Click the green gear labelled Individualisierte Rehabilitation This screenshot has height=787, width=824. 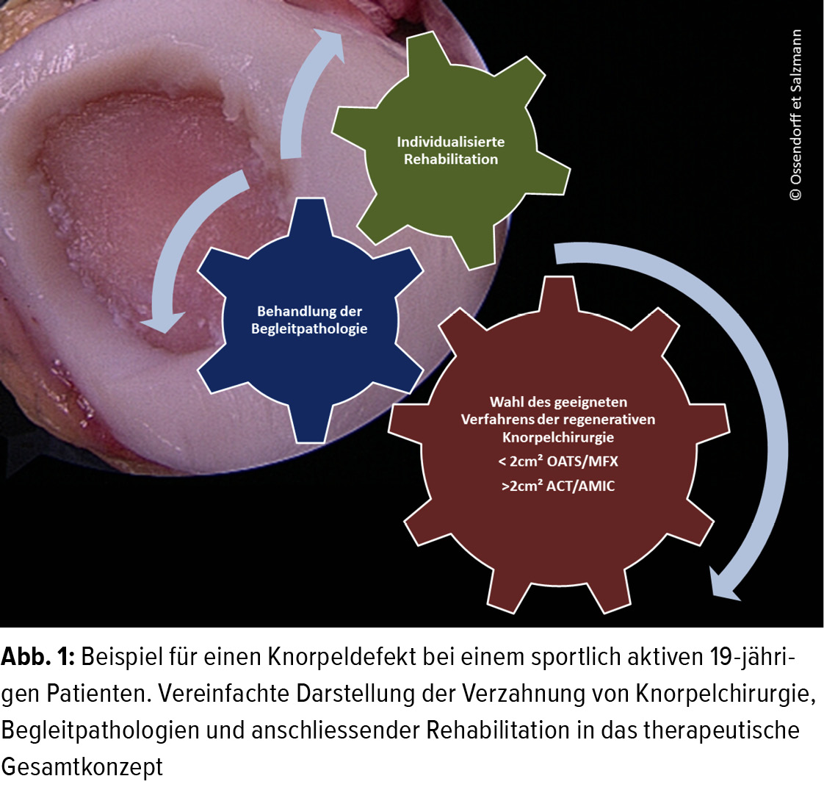click(x=450, y=151)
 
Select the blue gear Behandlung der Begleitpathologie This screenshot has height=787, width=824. click(x=310, y=320)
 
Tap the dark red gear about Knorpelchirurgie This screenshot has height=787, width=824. click(x=559, y=445)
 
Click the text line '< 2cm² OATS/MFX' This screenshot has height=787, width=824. click(x=558, y=461)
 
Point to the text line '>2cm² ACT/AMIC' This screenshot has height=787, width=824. click(x=558, y=485)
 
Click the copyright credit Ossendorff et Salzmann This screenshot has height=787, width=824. click(x=795, y=115)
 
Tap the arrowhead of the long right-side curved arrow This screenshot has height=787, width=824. click(x=724, y=583)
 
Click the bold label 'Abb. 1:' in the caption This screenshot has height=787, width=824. click(x=38, y=657)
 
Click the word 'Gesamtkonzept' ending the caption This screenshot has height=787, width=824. click(x=82, y=766)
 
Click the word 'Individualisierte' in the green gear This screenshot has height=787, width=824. click(x=450, y=142)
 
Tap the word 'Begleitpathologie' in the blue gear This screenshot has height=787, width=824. click(x=309, y=329)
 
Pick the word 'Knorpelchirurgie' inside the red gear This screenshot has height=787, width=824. click(x=558, y=437)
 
